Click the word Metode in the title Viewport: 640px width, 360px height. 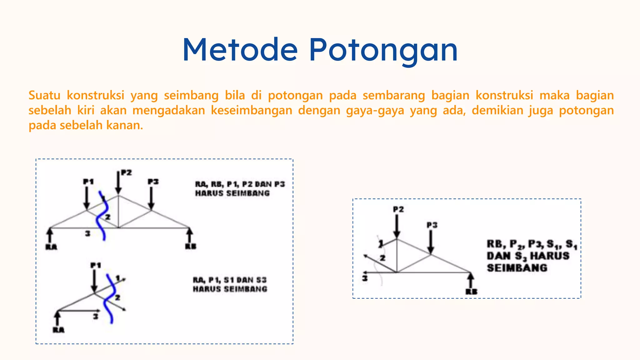pos(240,50)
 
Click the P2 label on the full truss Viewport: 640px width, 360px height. pos(126,172)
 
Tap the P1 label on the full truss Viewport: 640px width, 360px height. pos(88,182)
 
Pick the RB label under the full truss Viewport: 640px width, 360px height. pos(191,246)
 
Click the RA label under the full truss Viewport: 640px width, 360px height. pos(51,247)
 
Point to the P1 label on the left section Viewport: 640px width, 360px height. pos(96,265)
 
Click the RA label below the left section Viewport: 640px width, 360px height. pos(58,330)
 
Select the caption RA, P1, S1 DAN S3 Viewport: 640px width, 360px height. pos(230,280)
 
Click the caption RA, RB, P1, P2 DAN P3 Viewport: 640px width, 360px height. pos(240,184)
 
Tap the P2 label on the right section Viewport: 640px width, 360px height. pos(398,209)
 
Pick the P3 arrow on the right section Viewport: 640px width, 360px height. pos(431,242)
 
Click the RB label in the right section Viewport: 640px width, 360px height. pos(471,292)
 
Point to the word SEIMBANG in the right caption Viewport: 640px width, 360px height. pos(517,268)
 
